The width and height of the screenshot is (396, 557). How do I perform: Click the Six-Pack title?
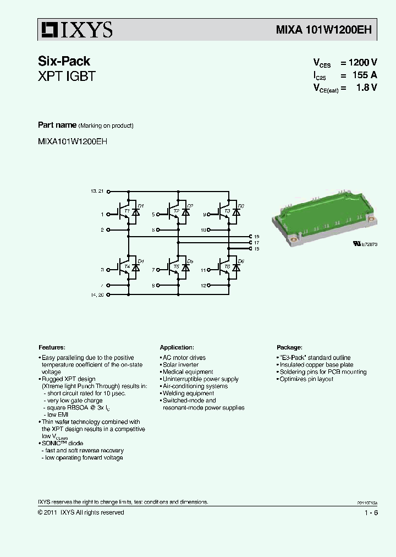click(x=64, y=61)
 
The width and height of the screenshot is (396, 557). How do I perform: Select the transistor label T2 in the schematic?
click(x=176, y=211)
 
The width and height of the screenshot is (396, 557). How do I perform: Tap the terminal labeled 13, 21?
click(x=97, y=191)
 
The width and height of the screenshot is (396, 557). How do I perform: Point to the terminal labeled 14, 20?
click(x=97, y=295)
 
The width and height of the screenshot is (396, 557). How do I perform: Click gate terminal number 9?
click(x=205, y=215)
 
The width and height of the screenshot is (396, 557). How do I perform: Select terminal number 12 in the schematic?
click(x=203, y=286)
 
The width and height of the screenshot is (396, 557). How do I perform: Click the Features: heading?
click(x=52, y=347)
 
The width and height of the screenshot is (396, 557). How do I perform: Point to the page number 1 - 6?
click(x=371, y=512)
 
